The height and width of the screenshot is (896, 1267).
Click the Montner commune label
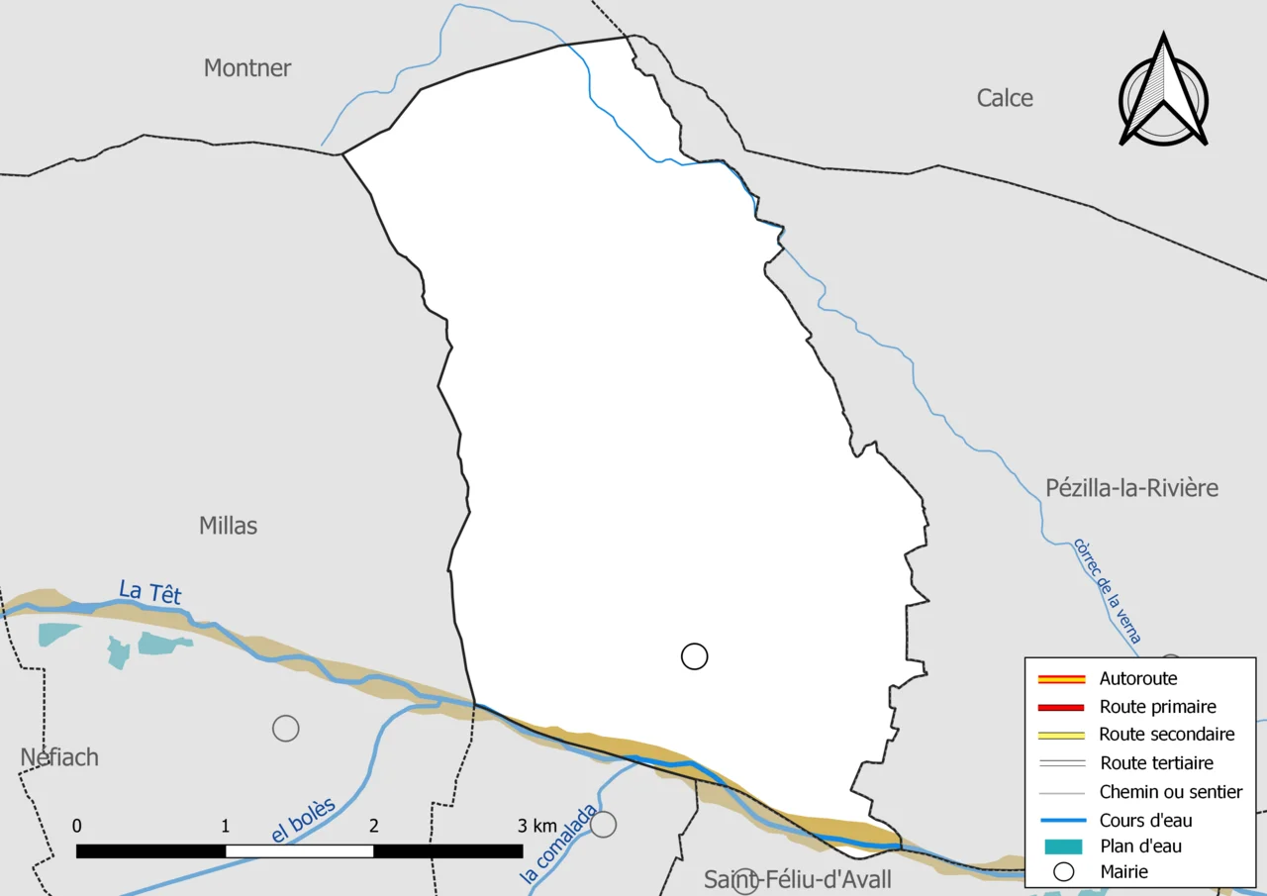(247, 68)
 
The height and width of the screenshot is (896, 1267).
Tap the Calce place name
(1005, 98)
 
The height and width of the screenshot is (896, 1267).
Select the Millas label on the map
(228, 526)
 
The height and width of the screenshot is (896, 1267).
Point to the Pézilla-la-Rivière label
(1131, 488)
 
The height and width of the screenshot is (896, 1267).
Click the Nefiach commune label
(59, 757)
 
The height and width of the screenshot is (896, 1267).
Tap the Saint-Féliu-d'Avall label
(797, 879)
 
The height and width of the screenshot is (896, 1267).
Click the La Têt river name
(150, 592)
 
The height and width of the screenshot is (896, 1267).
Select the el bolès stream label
(303, 821)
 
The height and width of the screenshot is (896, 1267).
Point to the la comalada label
(559, 844)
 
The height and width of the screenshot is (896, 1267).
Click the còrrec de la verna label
(1107, 591)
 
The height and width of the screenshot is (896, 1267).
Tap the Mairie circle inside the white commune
(695, 656)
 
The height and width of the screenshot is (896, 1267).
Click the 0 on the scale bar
(77, 827)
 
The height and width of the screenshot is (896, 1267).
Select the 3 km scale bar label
(537, 827)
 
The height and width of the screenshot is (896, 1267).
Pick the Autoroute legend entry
(1138, 679)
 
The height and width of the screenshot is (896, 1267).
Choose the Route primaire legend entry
(1157, 707)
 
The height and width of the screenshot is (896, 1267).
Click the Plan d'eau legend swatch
(1061, 846)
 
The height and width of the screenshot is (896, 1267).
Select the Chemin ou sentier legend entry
(1170, 792)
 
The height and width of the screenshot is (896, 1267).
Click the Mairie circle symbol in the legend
(1063, 872)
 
